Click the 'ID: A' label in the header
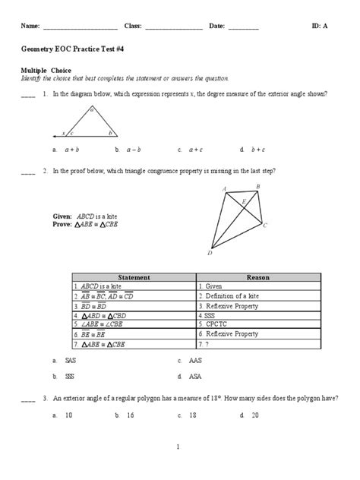(320, 27)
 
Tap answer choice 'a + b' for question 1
(72, 150)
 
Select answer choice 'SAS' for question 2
(72, 362)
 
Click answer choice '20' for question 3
(255, 415)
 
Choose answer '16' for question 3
(131, 415)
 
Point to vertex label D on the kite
(210, 254)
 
